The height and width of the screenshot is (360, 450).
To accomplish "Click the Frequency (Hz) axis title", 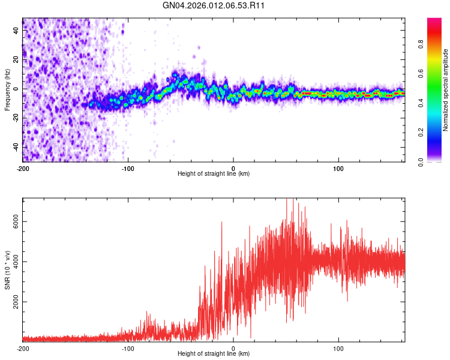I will pos(7,90).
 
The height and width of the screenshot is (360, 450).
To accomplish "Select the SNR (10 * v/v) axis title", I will pos(7,270).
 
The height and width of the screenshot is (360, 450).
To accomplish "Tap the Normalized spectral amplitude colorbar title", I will pos(446,90).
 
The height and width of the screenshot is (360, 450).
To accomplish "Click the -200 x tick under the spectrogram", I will pos(23,167).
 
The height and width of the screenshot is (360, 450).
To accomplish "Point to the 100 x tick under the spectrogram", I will pos(338,167).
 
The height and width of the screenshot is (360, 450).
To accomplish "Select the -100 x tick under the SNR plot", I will pos(128,348).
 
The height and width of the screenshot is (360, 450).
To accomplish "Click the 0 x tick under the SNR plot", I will pos(233,348).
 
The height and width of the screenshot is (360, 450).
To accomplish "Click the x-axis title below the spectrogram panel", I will pos(214,173).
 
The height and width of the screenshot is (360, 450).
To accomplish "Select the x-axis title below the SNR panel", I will pos(214,354).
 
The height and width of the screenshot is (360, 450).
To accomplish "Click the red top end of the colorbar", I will pos(434,21).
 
